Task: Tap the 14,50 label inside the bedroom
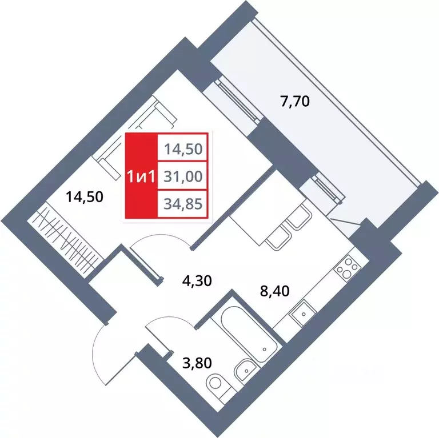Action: point(84,198)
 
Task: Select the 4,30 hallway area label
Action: point(179,280)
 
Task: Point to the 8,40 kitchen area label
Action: point(274,291)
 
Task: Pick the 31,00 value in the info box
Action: point(183,176)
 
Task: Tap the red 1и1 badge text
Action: point(141,176)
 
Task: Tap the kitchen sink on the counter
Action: point(301,312)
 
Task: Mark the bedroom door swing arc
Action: point(162,244)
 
